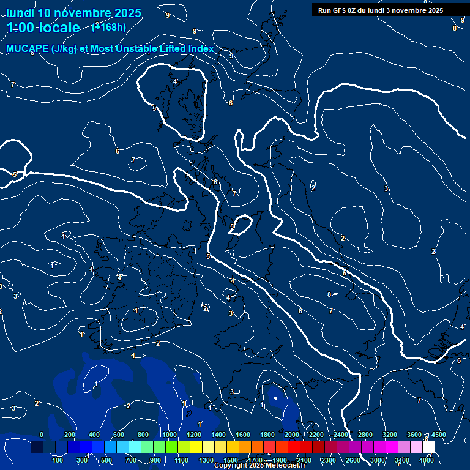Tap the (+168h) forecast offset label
coord(109,26)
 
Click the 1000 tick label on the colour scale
coord(169,435)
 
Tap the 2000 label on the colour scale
coord(291,435)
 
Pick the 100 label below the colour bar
coord(58,460)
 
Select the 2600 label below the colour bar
coord(353,460)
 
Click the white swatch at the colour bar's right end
coord(428,447)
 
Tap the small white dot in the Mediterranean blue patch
coord(275,398)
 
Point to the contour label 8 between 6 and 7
coord(329,294)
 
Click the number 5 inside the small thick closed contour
coord(232,226)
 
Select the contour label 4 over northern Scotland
coord(174,81)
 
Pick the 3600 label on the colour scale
coord(414,435)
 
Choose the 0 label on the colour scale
coord(42,435)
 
